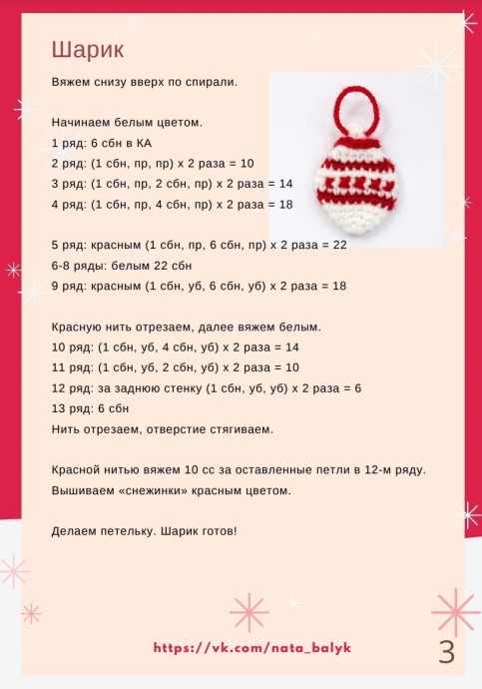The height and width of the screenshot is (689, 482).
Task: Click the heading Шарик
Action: pos(82,49)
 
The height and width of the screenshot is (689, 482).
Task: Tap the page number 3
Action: pos(446,652)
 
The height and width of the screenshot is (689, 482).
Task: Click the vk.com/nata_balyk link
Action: pos(252,648)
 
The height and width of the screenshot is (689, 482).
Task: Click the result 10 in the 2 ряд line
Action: pos(247,163)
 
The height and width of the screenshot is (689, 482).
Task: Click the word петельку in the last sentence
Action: pos(125,530)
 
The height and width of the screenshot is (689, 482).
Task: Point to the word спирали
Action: pos(214,82)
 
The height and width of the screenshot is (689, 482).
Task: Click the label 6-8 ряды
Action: pos(80,266)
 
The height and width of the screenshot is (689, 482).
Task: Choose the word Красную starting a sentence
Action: pos(79,327)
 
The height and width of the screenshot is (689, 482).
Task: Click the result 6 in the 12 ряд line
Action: pos(357,387)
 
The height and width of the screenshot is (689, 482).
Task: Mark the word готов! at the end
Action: pos(216,530)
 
